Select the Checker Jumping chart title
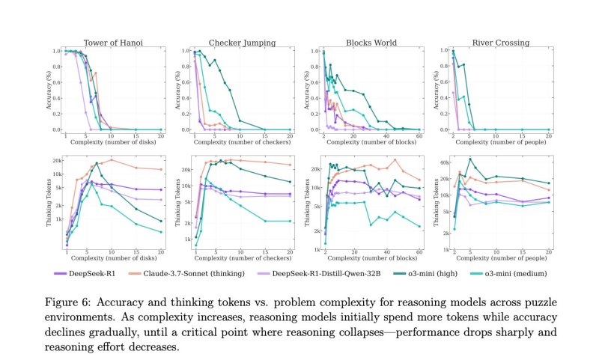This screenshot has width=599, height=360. tap(240, 43)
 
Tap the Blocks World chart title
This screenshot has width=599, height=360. tap(371, 43)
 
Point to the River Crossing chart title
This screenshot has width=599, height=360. tap(500, 43)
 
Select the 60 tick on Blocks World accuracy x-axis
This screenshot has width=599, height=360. tap(419, 135)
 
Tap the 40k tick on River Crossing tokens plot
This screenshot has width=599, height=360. tap(443, 162)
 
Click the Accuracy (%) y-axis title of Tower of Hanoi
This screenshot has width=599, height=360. tap(49, 91)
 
